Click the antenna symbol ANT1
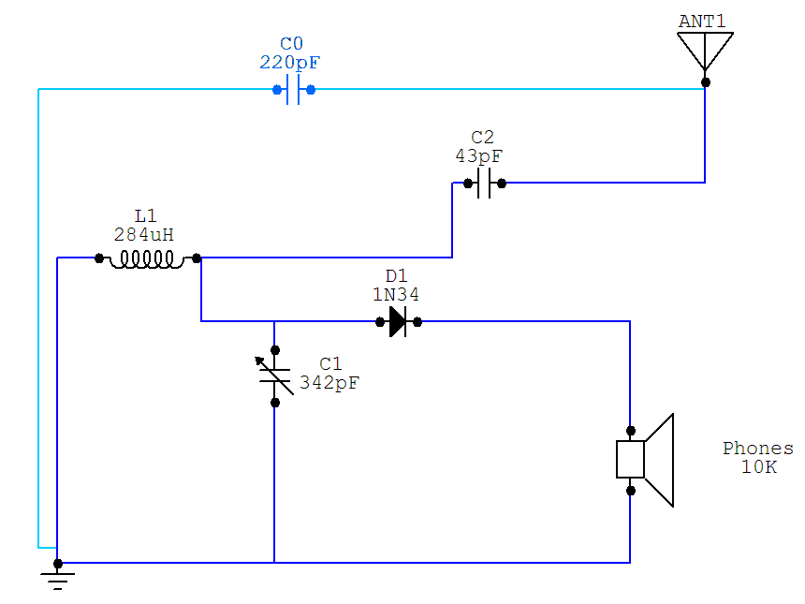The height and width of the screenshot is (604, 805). tap(705, 50)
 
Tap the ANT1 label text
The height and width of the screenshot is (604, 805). tap(703, 20)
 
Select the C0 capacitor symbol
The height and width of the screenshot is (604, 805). tap(293, 90)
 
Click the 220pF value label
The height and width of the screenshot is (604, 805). tap(292, 63)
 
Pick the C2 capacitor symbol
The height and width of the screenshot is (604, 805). tap(484, 184)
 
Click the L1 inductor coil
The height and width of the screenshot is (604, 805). tap(147, 258)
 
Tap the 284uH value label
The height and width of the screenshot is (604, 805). tap(144, 234)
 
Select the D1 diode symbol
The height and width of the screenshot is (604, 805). tap(398, 322)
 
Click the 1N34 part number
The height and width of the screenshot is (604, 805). tap(396, 294)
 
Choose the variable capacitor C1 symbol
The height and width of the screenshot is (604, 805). tap(275, 376)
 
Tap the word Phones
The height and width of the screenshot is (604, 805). tap(758, 449)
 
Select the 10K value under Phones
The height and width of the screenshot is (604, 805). tap(758, 467)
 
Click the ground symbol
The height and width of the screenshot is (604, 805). tap(58, 575)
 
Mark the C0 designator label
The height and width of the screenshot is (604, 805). tap(292, 44)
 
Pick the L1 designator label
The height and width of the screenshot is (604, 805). tap(145, 216)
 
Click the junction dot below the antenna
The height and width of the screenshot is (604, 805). tap(706, 82)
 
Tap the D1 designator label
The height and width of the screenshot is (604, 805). tap(397, 276)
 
